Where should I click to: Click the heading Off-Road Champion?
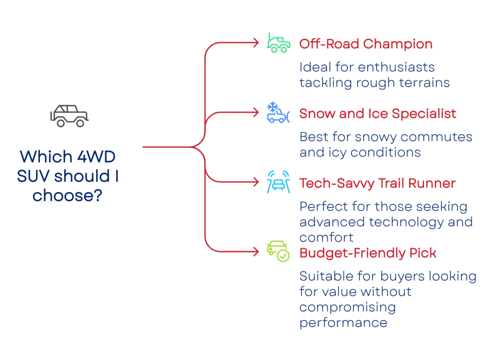click(x=366, y=44)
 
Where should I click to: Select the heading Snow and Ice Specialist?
click(x=379, y=114)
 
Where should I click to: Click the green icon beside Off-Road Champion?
click(x=277, y=42)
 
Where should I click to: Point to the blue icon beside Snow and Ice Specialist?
click(x=277, y=113)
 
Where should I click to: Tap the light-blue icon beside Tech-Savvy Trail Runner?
click(x=277, y=182)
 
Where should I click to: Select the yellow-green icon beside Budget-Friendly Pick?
click(x=277, y=251)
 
